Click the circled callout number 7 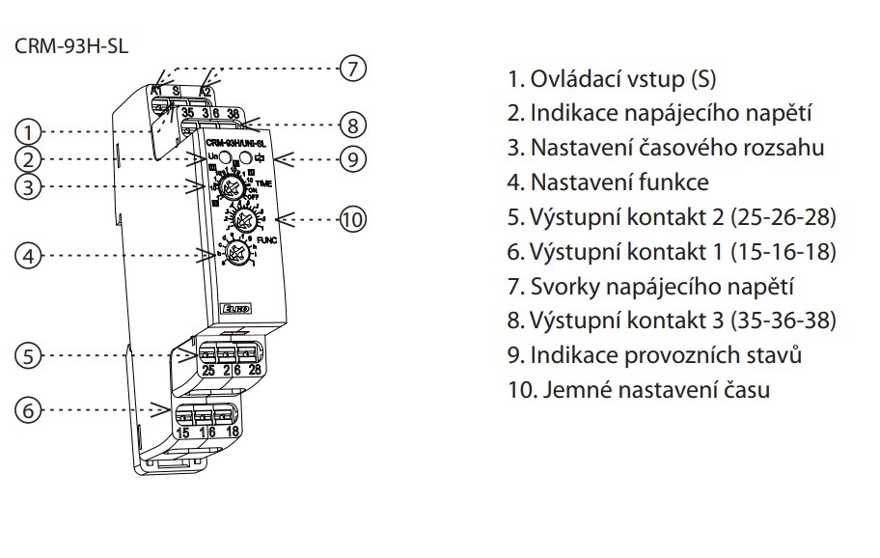[x=354, y=68]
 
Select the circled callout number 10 [x=354, y=219]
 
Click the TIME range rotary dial [x=232, y=185]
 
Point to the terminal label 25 [x=207, y=370]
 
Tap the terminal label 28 [x=255, y=370]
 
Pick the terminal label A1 [x=156, y=91]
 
